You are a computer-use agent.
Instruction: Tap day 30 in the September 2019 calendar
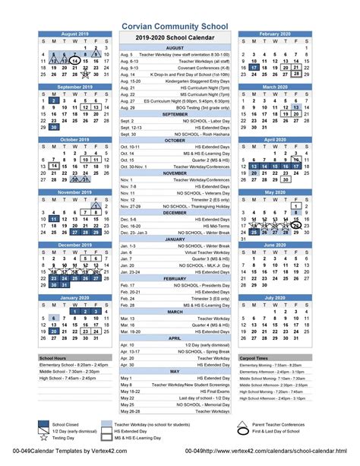tap(53, 127)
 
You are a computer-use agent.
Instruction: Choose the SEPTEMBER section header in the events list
tap(174, 114)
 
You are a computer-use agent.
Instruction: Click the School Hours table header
tap(52, 357)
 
